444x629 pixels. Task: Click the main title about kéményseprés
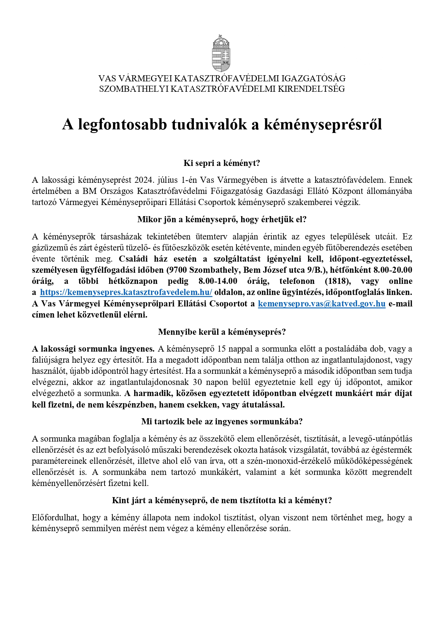click(222, 124)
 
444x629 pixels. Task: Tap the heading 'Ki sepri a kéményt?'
click(222, 163)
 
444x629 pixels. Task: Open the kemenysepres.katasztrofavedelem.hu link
click(126, 292)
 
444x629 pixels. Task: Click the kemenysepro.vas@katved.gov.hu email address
click(322, 304)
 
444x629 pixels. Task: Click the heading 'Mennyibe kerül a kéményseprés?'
click(222, 332)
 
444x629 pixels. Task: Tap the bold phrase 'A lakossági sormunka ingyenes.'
click(93, 349)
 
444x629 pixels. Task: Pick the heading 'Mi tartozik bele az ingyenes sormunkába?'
click(222, 421)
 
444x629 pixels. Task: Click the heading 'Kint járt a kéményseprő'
click(222, 500)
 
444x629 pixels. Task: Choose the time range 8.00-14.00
click(218, 281)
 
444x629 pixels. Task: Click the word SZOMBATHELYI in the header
click(133, 89)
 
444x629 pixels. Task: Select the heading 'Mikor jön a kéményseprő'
click(222, 219)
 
